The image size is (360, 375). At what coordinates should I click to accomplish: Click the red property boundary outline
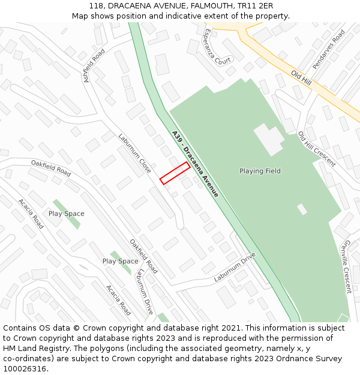coord(175,173)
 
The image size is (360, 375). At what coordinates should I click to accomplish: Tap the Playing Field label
coord(260,171)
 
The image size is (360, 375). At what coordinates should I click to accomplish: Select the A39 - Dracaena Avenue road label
coord(195,164)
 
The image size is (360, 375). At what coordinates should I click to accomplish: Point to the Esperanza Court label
coord(217,46)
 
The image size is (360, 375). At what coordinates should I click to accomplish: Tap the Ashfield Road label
coord(95,65)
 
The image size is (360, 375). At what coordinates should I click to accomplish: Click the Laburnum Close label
coord(134,154)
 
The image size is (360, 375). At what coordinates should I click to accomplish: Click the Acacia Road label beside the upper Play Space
coord(31,214)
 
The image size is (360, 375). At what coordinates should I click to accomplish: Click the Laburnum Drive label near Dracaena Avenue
coord(235,268)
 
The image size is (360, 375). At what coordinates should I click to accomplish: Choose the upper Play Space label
coord(66,214)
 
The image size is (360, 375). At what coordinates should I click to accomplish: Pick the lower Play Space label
coord(120,261)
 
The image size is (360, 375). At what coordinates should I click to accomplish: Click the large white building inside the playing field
coord(268,139)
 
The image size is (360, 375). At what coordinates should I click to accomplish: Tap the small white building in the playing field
coord(302,209)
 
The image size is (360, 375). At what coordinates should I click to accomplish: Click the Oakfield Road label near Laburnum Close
coord(51,168)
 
